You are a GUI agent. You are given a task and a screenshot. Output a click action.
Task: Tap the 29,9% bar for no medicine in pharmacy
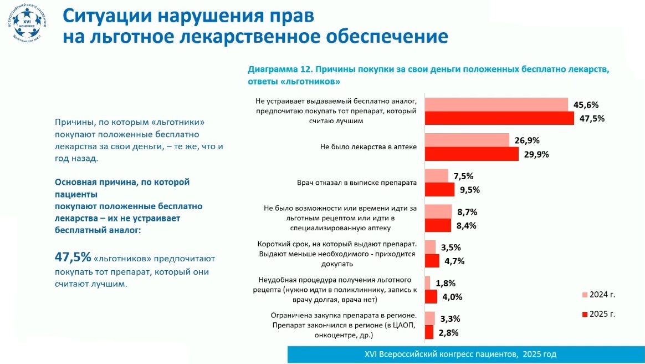pyautogui.click(x=471, y=154)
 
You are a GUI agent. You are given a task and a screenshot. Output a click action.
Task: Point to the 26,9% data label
pyautogui.click(x=528, y=140)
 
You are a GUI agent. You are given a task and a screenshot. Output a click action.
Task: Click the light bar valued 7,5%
pyautogui.click(x=436, y=176)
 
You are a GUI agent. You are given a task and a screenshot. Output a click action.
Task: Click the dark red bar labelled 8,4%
pyautogui.click(x=438, y=225)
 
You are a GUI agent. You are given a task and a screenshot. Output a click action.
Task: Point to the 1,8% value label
pyautogui.click(x=446, y=283)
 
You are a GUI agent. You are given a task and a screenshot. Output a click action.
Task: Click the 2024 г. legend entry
pyautogui.click(x=599, y=295)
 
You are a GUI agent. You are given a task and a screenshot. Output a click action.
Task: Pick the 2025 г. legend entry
pyautogui.click(x=599, y=314)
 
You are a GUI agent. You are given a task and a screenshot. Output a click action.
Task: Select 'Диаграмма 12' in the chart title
pyautogui.click(x=279, y=70)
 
